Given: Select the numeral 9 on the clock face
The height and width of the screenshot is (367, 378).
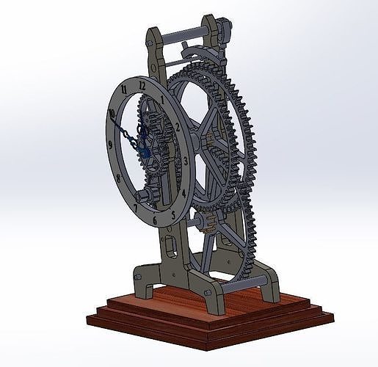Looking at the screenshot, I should point(110,145).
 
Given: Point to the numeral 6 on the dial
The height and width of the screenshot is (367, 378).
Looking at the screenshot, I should point(155,218).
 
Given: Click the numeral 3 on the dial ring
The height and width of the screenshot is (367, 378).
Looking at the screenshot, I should point(186,160).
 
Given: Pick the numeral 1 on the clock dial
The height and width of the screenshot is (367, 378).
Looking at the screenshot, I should point(161,99).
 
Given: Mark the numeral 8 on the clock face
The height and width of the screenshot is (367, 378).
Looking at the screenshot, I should point(118,177).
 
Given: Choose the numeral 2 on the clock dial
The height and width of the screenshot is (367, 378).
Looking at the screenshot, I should point(178,126).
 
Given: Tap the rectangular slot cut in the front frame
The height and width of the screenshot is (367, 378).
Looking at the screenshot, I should point(171,241).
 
